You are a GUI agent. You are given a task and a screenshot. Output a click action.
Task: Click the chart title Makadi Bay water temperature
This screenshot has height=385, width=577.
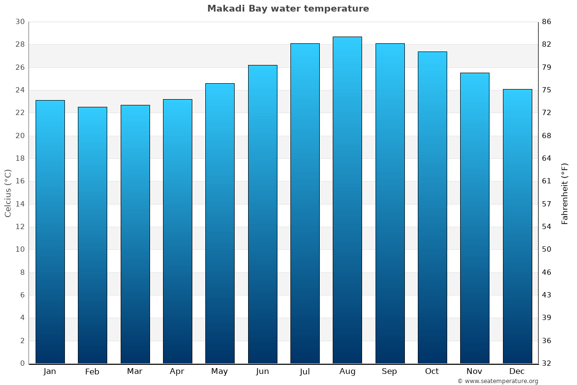288,9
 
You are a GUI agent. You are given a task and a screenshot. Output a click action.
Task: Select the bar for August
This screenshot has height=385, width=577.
347,200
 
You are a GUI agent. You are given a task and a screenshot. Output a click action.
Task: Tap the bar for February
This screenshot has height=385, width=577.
92,235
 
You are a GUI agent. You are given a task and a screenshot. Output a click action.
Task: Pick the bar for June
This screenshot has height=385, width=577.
263,214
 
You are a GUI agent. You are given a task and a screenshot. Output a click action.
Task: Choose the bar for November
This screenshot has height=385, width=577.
475,218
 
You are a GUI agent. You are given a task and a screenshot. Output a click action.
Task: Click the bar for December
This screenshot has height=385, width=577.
517,226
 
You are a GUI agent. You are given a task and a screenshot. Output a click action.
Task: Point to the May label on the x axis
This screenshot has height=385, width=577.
220,372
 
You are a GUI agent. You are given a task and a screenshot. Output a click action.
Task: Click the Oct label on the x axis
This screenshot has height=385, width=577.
432,372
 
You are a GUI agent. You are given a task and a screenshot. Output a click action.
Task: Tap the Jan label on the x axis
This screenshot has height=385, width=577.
50,372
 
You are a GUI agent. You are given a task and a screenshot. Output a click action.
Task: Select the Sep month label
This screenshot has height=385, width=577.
389,372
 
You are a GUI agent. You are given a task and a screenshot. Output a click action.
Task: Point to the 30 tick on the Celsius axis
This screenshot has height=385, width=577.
20,22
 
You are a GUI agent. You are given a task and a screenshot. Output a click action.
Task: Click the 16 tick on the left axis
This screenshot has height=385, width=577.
20,181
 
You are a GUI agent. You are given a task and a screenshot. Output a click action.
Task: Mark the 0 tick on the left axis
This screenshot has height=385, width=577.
22,363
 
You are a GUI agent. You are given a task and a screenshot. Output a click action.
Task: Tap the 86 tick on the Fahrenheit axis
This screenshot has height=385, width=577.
547,22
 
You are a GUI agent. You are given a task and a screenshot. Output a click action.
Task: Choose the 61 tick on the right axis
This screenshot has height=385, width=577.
547,181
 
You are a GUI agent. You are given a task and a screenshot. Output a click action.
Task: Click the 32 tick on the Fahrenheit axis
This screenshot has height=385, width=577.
547,363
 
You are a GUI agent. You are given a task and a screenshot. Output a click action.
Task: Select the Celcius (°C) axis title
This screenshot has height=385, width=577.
8,193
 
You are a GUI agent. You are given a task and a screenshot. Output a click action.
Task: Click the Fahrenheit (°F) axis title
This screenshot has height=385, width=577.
565,193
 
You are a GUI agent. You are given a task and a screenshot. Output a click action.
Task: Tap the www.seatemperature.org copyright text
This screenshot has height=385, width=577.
498,381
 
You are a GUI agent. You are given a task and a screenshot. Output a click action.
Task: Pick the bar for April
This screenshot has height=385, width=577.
177,231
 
